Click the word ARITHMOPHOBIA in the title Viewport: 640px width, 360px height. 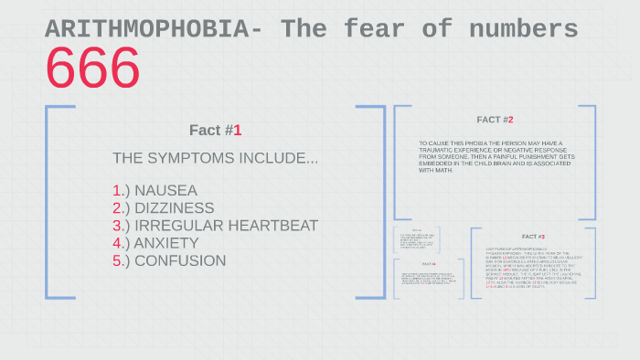coord(146,30)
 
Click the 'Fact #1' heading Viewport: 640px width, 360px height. coord(215,130)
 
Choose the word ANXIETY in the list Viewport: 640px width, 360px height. coord(165,243)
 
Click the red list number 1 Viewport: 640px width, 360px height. coord(117,191)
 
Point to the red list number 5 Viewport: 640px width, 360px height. coord(117,260)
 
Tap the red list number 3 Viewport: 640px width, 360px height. coord(117,226)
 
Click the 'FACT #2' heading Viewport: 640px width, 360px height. coord(495,120)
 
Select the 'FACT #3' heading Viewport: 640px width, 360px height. coord(533,237)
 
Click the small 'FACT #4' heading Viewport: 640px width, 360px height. coord(416,264)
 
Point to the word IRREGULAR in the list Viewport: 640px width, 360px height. coord(172,226)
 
